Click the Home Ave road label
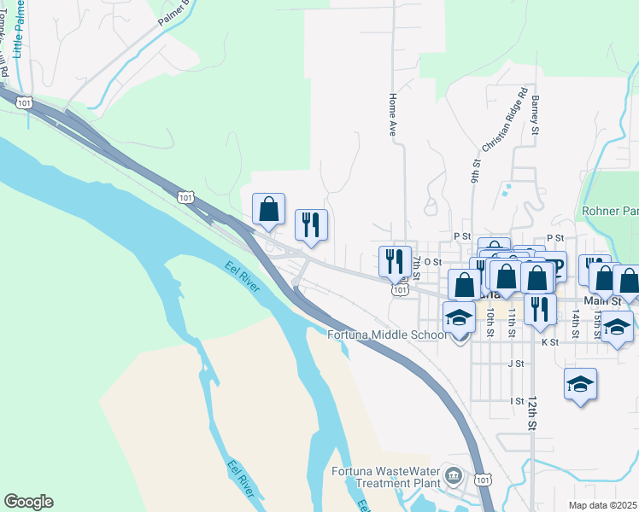(x=394, y=116)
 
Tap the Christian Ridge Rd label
(x=504, y=119)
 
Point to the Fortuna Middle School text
(x=387, y=335)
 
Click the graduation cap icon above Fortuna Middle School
(x=459, y=317)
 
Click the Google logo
(x=28, y=502)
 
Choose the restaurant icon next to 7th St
(x=395, y=260)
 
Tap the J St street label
(x=515, y=364)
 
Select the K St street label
(x=549, y=342)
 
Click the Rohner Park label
(x=610, y=211)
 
